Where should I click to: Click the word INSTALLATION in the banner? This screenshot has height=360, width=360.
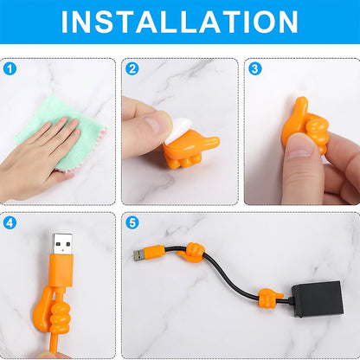(x=179, y=22)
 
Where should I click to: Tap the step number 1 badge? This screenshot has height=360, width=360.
(x=10, y=69)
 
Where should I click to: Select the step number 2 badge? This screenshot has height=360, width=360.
(x=132, y=69)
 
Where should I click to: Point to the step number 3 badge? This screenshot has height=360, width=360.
(x=255, y=69)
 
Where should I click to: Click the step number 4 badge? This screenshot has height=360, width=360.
(x=10, y=223)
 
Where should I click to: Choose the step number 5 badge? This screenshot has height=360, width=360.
(x=132, y=223)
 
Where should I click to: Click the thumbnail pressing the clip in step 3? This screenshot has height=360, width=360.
(x=299, y=148)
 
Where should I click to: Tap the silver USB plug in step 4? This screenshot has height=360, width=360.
(x=62, y=244)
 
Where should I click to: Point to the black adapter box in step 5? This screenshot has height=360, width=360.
(x=318, y=299)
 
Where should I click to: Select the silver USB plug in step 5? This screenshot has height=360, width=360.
(x=139, y=255)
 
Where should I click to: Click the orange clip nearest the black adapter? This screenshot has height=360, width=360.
(x=270, y=298)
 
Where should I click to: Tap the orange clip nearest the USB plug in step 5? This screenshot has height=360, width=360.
(x=191, y=252)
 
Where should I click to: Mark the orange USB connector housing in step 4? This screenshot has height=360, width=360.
(x=61, y=270)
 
